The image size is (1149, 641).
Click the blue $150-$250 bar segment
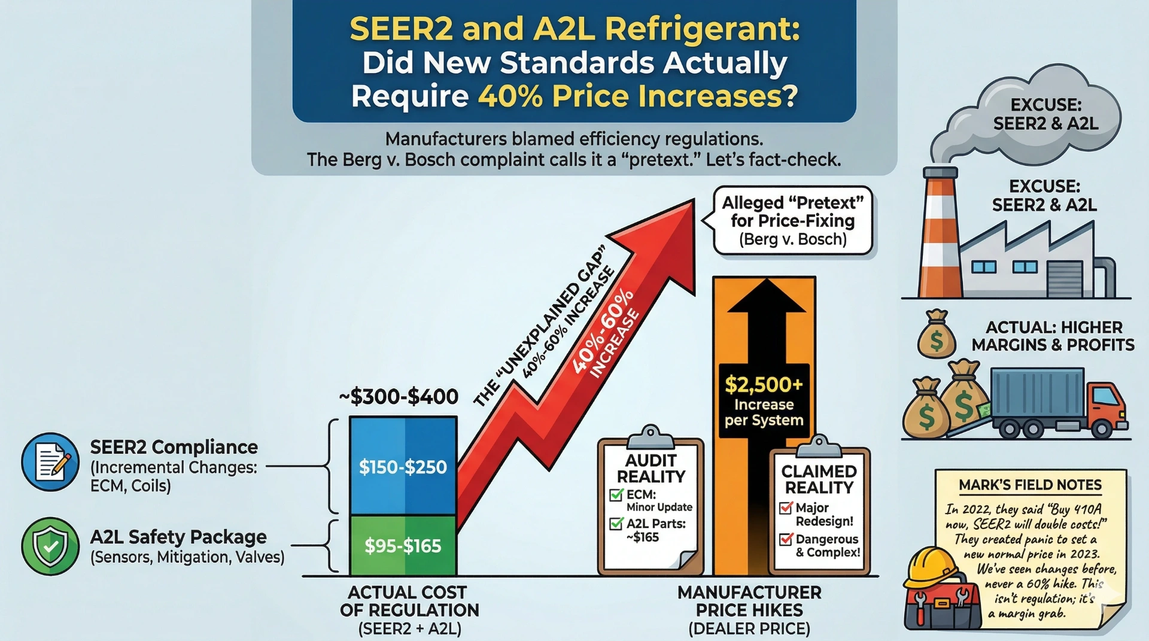point(403,466)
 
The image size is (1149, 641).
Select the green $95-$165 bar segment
point(403,545)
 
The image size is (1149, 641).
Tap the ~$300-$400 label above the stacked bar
point(399,396)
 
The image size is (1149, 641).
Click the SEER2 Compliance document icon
point(50,462)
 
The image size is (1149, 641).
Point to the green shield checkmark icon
point(50,546)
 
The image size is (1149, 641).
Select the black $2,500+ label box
point(764,400)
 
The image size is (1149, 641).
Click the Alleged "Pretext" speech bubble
point(792,221)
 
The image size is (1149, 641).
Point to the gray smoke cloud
point(1029,120)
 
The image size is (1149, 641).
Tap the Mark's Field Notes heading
point(1030,485)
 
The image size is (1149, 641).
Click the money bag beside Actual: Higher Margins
point(937,335)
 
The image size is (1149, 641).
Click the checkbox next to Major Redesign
point(786,508)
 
